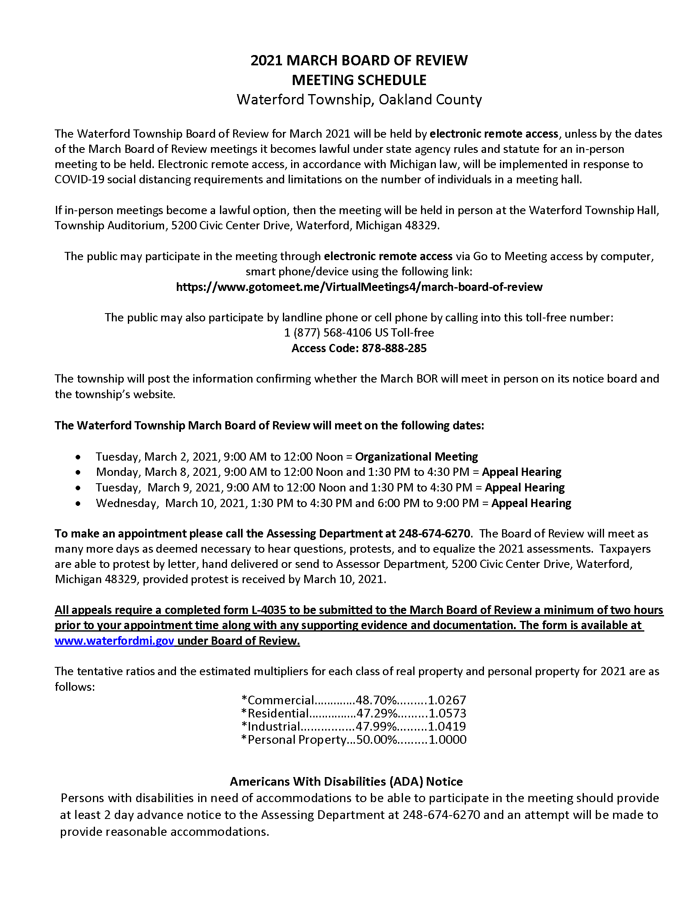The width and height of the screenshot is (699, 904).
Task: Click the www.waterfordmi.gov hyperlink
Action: pyautogui.click(x=114, y=641)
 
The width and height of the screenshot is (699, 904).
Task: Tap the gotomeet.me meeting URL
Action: pyautogui.click(x=359, y=287)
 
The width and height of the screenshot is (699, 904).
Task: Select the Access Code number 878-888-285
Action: pyautogui.click(x=394, y=348)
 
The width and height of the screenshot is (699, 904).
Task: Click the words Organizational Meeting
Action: pyautogui.click(x=416, y=457)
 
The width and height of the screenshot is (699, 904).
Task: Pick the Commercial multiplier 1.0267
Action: pyautogui.click(x=447, y=700)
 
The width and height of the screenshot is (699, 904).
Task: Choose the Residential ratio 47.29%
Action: pyautogui.click(x=377, y=713)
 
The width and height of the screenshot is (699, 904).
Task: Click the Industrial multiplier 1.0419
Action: pyautogui.click(x=447, y=726)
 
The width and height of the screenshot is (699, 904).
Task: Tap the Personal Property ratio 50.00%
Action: pyautogui.click(x=377, y=740)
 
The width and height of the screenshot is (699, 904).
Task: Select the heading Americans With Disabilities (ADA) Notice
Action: pyautogui.click(x=346, y=782)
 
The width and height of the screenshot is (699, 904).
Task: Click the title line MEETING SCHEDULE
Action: pyautogui.click(x=359, y=80)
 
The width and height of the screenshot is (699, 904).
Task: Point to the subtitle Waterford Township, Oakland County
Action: pyautogui.click(x=359, y=100)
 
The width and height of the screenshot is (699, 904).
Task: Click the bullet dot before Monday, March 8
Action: pyautogui.click(x=78, y=472)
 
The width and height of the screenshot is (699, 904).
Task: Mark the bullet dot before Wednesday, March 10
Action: pyautogui.click(x=78, y=503)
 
